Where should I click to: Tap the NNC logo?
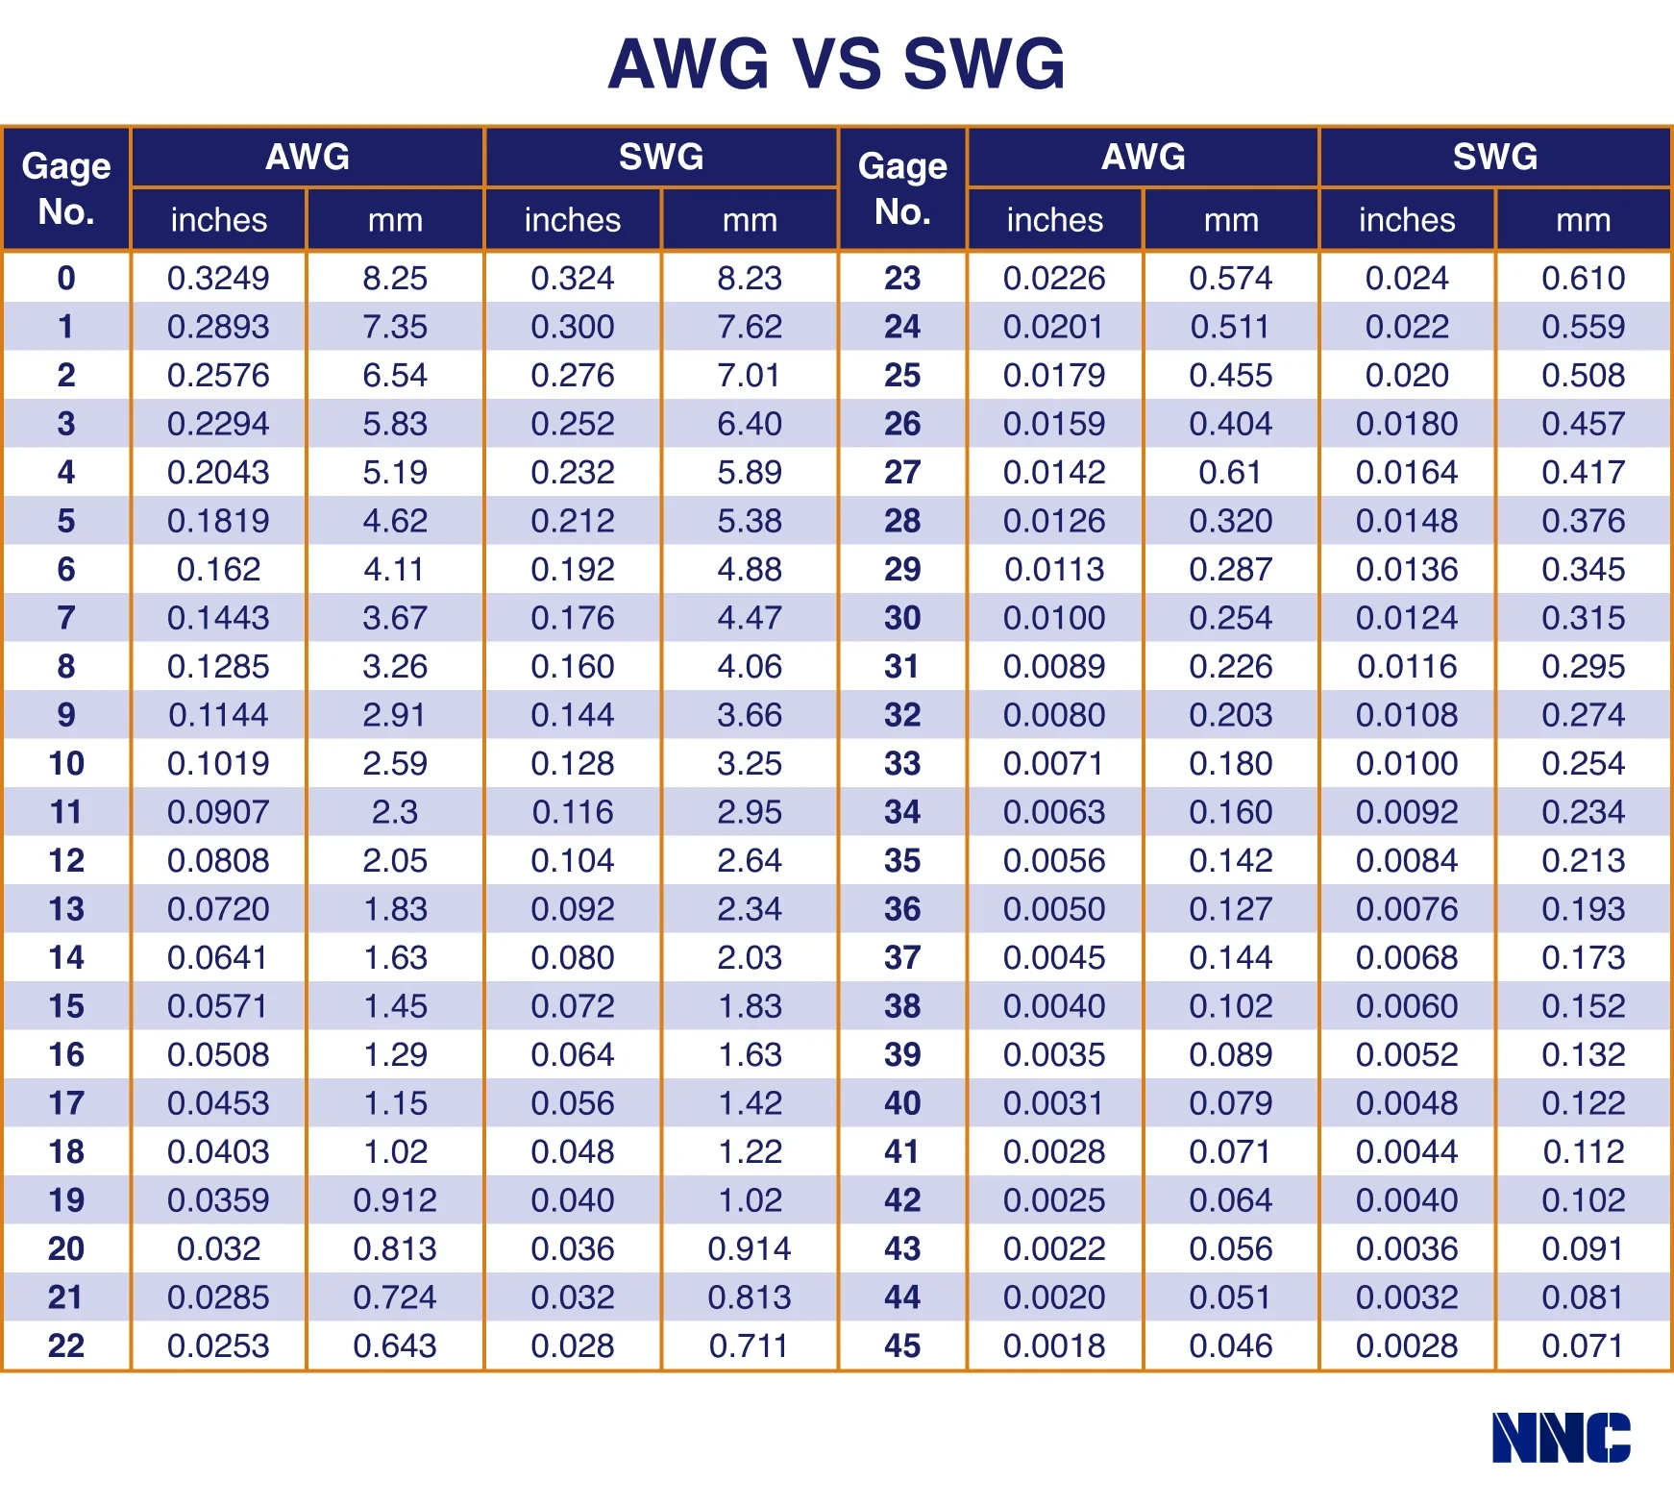(x=1561, y=1438)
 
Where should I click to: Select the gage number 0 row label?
(x=65, y=279)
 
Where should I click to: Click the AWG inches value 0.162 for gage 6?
(x=218, y=570)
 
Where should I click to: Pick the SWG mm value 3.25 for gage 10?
(x=750, y=764)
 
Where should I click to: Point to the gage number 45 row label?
(x=902, y=1345)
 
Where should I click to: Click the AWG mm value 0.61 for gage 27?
(x=1230, y=473)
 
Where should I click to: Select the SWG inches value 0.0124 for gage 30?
(x=1407, y=618)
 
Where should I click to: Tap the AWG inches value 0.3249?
(x=218, y=279)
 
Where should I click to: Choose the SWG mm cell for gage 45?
(x=1583, y=1345)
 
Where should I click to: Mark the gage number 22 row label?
(x=65, y=1345)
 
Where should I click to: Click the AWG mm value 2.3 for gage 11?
(x=395, y=812)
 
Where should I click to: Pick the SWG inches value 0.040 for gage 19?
(x=573, y=1200)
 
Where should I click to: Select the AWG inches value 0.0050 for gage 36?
(x=1054, y=909)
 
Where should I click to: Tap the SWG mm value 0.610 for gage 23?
(x=1583, y=279)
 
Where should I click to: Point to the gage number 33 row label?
(x=902, y=764)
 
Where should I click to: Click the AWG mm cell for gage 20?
(x=395, y=1248)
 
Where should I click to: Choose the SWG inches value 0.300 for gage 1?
(x=573, y=327)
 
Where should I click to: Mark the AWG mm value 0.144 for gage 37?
(x=1230, y=958)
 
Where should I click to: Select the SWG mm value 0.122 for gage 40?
(x=1583, y=1103)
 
